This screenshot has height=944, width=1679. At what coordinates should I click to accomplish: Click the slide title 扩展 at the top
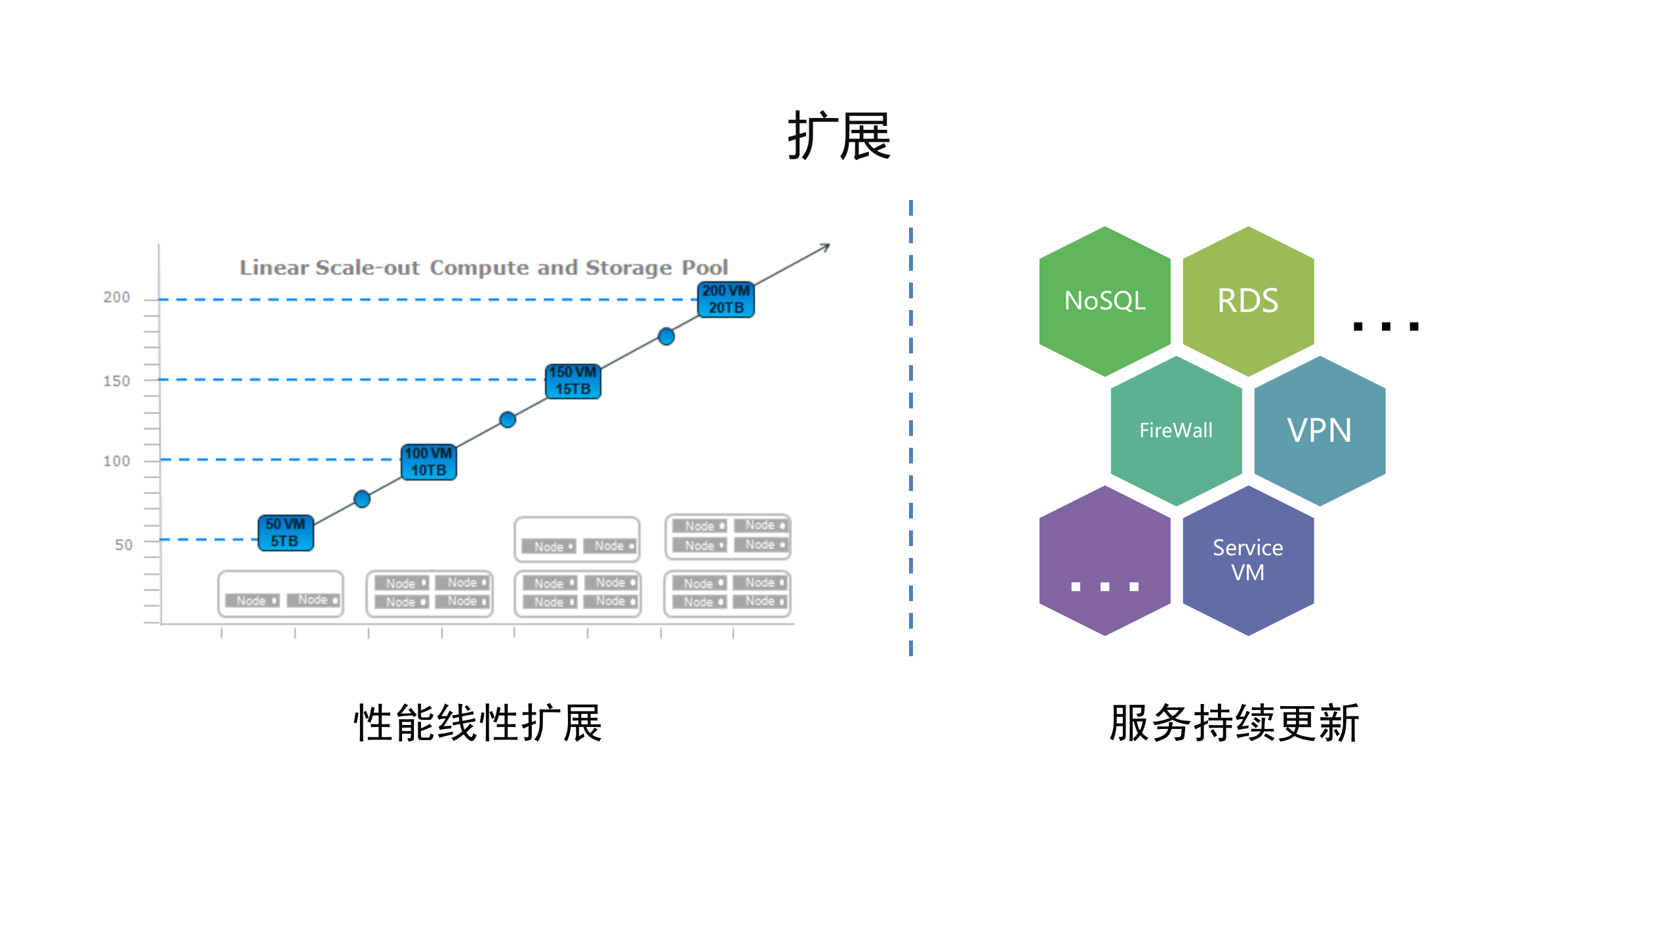pyautogui.click(x=839, y=136)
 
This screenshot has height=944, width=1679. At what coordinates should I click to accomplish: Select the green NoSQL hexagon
pyautogui.click(x=1104, y=301)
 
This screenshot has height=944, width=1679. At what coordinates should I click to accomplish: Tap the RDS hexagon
pyautogui.click(x=1247, y=301)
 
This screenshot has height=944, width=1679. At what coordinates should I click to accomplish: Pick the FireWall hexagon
pyautogui.click(x=1176, y=431)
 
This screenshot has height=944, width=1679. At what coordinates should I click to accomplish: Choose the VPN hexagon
pyautogui.click(x=1319, y=431)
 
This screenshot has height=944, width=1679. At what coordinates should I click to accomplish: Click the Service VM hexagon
pyautogui.click(x=1247, y=560)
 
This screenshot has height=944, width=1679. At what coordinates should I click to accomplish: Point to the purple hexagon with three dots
pyautogui.click(x=1104, y=561)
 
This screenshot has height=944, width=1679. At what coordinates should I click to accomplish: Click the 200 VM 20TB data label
pyautogui.click(x=725, y=300)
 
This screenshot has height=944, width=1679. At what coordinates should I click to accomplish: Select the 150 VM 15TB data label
pyautogui.click(x=573, y=381)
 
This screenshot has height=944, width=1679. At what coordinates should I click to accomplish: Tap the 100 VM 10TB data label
pyautogui.click(x=428, y=462)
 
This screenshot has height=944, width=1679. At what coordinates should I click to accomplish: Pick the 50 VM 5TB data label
pyautogui.click(x=285, y=532)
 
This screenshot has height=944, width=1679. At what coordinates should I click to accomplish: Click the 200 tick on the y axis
pyautogui.click(x=117, y=298)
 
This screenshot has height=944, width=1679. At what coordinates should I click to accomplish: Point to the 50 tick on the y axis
pyautogui.click(x=123, y=545)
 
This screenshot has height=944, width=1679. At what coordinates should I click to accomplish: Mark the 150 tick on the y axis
pyautogui.click(x=117, y=381)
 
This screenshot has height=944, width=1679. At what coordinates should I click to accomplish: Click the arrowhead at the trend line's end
pyautogui.click(x=826, y=247)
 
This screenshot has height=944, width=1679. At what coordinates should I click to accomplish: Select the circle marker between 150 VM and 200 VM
pyautogui.click(x=666, y=336)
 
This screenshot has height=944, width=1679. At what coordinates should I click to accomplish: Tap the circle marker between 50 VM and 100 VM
pyautogui.click(x=362, y=499)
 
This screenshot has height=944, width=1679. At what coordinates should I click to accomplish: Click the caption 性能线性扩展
pyautogui.click(x=477, y=723)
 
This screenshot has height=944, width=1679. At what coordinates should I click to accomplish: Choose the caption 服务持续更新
pyautogui.click(x=1234, y=723)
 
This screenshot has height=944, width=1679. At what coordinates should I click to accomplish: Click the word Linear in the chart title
pyautogui.click(x=273, y=267)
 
